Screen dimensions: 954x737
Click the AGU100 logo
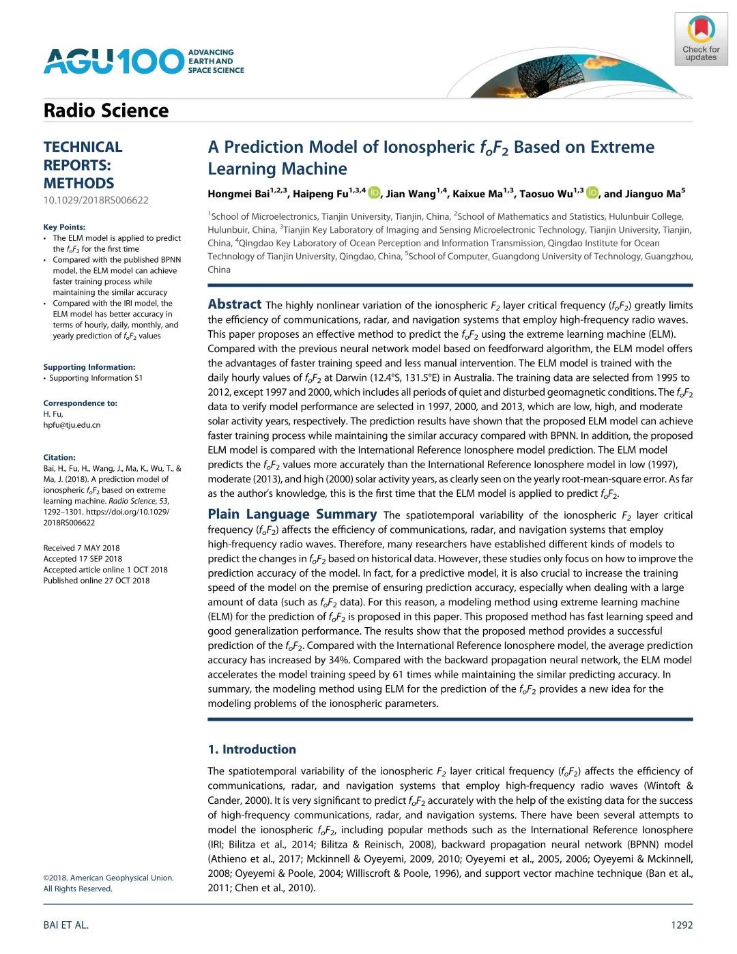(143, 61)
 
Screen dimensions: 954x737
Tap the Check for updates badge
(701, 40)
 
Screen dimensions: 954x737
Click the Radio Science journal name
(106, 111)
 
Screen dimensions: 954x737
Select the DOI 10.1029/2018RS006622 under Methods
(96, 200)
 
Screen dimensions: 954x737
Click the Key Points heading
(64, 227)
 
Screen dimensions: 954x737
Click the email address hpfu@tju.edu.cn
(72, 425)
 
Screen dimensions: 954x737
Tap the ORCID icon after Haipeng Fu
(374, 193)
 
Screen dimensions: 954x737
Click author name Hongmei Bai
(239, 194)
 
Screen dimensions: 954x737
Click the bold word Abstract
(234, 304)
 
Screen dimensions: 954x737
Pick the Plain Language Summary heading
(292, 515)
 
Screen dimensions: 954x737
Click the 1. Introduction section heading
(252, 749)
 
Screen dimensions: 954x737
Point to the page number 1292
(682, 925)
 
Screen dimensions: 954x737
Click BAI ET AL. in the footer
(66, 925)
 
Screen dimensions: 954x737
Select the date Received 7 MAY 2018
(81, 548)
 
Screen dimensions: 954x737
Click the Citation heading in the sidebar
(59, 458)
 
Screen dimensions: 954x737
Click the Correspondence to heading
(80, 403)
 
